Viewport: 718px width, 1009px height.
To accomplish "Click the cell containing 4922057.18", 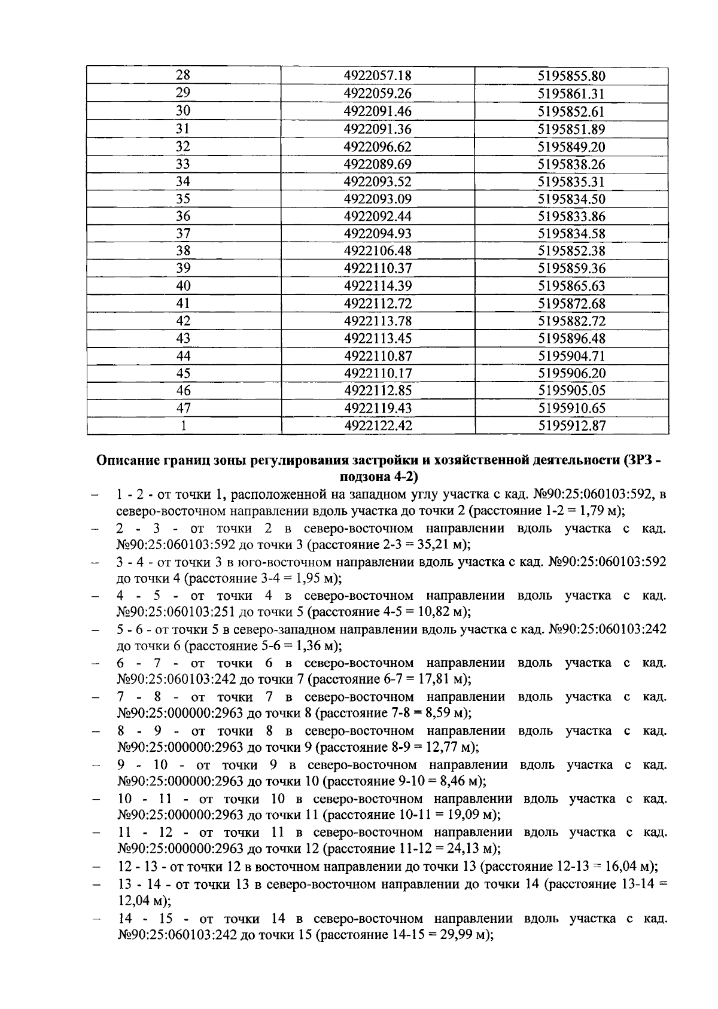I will [378, 76].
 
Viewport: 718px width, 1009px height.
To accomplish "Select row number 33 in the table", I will [183, 164].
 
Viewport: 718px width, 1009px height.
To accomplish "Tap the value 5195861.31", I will [571, 93].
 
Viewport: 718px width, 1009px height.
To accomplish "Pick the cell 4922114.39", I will [378, 286].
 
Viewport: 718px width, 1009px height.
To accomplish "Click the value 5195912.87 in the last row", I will [571, 426].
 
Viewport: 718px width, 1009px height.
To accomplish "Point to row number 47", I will [183, 409].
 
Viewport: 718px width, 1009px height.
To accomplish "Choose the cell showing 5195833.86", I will [571, 216].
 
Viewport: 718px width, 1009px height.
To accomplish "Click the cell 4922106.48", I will [378, 251].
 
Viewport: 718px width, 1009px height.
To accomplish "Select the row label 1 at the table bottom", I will [183, 426].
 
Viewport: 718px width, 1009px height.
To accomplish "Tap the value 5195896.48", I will [571, 339].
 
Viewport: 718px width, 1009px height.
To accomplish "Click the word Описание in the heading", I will [129, 461].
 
